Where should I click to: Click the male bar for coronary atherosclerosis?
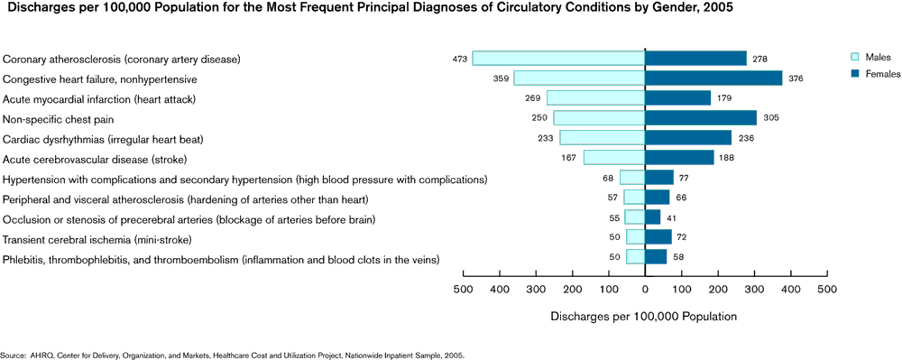coord(558,59)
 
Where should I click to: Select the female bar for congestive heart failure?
coord(713,78)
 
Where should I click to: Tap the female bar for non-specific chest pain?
coord(701,118)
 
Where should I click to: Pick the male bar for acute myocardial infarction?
coord(595,98)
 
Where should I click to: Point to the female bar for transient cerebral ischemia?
coord(658,238)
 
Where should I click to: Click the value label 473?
coord(460,60)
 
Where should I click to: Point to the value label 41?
coord(671,218)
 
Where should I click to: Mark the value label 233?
coord(547,139)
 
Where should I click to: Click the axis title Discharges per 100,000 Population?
coord(643,317)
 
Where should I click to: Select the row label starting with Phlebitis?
coord(222,259)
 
